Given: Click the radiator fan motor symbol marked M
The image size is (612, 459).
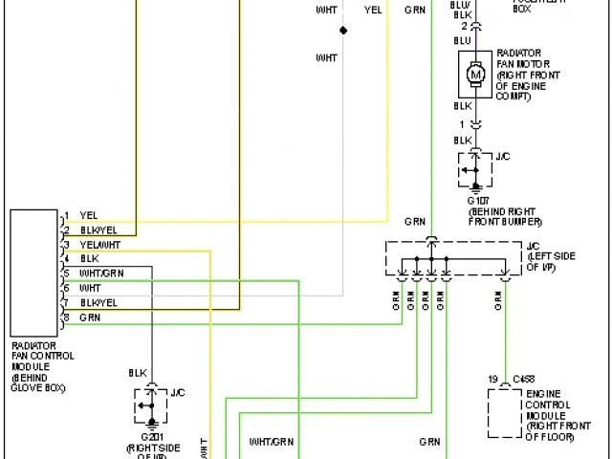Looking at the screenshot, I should (474, 72).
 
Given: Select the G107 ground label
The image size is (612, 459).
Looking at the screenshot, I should (478, 202).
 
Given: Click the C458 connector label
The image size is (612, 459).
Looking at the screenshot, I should (523, 380).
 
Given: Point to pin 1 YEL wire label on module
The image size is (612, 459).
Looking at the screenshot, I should (88, 215).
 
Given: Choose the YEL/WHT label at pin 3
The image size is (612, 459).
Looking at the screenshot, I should (99, 244).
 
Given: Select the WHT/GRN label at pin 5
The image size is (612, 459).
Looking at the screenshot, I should (101, 273).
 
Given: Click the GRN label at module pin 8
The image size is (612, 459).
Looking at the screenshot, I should (90, 317).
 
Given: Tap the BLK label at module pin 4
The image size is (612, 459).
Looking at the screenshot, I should (89, 258).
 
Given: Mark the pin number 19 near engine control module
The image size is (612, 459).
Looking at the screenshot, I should (493, 380).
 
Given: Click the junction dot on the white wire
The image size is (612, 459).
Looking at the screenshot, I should (343, 31).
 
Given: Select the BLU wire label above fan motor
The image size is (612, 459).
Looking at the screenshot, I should (463, 40).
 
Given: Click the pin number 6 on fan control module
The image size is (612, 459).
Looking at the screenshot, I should (66, 287).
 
